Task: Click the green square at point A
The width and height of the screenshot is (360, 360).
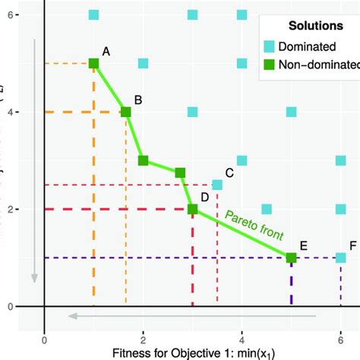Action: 93,64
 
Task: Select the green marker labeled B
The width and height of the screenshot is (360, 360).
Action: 126,112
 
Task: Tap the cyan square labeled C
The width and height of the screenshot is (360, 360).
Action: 217,185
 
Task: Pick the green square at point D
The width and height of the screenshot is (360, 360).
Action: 192,209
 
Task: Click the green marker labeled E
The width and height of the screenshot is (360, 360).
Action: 291,257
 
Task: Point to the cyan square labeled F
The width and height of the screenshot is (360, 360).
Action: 340,257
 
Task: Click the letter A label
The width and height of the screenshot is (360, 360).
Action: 106,51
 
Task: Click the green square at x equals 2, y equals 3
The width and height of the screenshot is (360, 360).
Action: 143,160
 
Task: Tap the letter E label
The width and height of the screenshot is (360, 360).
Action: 303,245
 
